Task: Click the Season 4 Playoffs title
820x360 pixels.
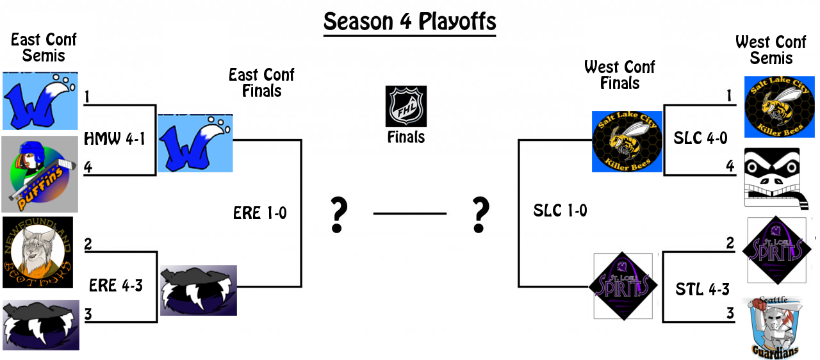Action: (x=409, y=22)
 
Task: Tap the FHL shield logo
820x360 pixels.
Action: (x=406, y=106)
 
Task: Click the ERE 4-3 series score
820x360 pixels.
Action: (x=116, y=286)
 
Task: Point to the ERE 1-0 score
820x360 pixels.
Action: (x=260, y=213)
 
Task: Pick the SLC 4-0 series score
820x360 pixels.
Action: (x=700, y=138)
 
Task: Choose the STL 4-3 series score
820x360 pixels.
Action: (x=702, y=290)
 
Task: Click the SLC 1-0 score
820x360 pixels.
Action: (x=560, y=210)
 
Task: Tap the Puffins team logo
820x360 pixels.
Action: (x=40, y=174)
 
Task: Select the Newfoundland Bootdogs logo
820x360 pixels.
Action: (x=38, y=252)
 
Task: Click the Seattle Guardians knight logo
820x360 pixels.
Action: (x=775, y=327)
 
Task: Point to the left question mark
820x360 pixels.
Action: (x=338, y=215)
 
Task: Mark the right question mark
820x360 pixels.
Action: (x=479, y=215)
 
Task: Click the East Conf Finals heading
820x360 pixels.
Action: (x=261, y=83)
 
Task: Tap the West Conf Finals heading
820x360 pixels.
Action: (x=619, y=75)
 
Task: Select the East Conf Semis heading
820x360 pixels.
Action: (x=44, y=47)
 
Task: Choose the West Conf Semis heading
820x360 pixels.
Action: (x=771, y=50)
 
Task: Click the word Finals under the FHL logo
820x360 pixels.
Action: (x=406, y=137)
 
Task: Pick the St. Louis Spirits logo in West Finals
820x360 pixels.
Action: (x=623, y=286)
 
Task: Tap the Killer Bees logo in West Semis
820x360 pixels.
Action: (x=778, y=107)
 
